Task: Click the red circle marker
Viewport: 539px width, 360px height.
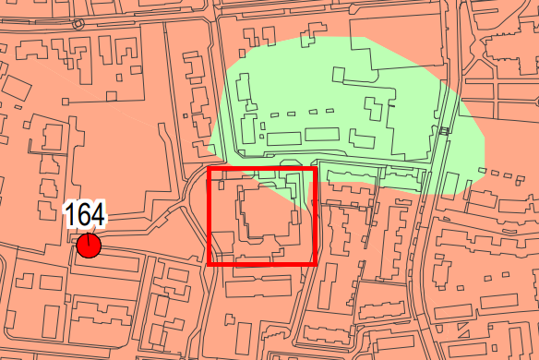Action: [89, 246]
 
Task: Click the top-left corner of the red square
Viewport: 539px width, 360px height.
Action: [209, 169]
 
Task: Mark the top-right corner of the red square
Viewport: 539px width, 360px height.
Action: [316, 169]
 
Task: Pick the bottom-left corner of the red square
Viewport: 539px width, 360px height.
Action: [209, 263]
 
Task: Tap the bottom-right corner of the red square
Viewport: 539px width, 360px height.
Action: [316, 263]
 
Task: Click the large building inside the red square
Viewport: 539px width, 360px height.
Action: [268, 222]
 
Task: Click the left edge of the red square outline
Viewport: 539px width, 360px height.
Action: [209, 216]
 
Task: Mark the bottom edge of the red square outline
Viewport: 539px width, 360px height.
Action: [262, 263]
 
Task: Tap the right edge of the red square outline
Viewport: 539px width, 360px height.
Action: [316, 216]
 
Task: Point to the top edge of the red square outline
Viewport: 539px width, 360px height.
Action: [262, 169]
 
